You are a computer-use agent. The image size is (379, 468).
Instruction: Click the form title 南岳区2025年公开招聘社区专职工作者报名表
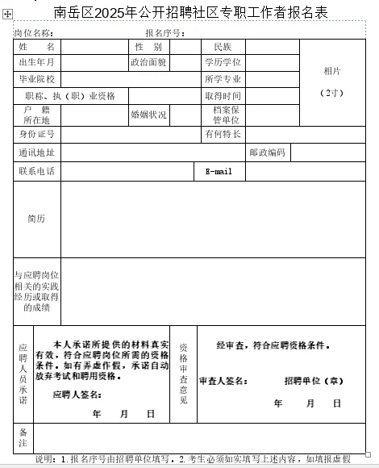tap(191, 12)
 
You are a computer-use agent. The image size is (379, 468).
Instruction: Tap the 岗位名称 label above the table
tap(33, 33)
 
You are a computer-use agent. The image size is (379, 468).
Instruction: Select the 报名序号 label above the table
tap(165, 33)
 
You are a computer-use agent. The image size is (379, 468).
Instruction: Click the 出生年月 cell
tap(36, 62)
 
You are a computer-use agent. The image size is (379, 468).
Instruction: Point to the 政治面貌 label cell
tap(148, 62)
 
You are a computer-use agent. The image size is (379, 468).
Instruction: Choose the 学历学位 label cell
tap(223, 62)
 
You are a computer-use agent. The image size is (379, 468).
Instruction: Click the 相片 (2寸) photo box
tap(331, 81)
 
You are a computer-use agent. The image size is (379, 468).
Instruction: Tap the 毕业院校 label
tap(36, 79)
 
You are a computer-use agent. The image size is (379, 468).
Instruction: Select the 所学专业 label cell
tap(223, 79)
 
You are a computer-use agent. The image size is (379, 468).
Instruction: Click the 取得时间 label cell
tap(223, 96)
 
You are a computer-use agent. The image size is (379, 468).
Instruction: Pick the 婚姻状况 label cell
tap(148, 115)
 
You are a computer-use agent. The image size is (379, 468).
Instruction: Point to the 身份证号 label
tap(36, 133)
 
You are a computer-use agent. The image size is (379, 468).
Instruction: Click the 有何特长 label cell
tap(223, 133)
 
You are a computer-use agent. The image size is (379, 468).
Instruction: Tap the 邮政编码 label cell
tap(267, 152)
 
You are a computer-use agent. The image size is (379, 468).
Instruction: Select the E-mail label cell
tap(219, 171)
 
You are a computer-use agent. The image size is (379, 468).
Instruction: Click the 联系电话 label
tap(36, 171)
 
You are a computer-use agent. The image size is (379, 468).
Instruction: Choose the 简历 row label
tap(36, 219)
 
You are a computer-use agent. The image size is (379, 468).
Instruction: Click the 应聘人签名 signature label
tap(77, 395)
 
